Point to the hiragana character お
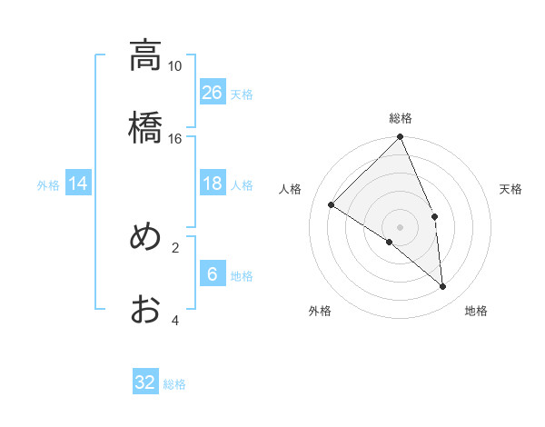pyautogui.click(x=145, y=309)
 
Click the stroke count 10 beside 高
pyautogui.click(x=174, y=66)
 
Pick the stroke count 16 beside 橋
pyautogui.click(x=174, y=138)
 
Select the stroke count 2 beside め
pyautogui.click(x=175, y=247)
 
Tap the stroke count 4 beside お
pyautogui.click(x=175, y=320)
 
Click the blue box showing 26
pyautogui.click(x=213, y=92)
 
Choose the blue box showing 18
pyautogui.click(x=213, y=184)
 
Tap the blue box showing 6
pyautogui.click(x=213, y=274)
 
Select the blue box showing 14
pyautogui.click(x=78, y=184)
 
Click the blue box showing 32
pyautogui.click(x=145, y=382)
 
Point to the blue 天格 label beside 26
pyautogui.click(x=242, y=94)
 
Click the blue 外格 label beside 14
pyautogui.click(x=48, y=185)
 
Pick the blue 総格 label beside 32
pyautogui.click(x=174, y=384)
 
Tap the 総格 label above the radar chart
pyautogui.click(x=401, y=118)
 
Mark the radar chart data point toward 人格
pyautogui.click(x=332, y=204)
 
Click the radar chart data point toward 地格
pyautogui.click(x=443, y=287)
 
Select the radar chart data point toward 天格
pyautogui.click(x=434, y=216)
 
